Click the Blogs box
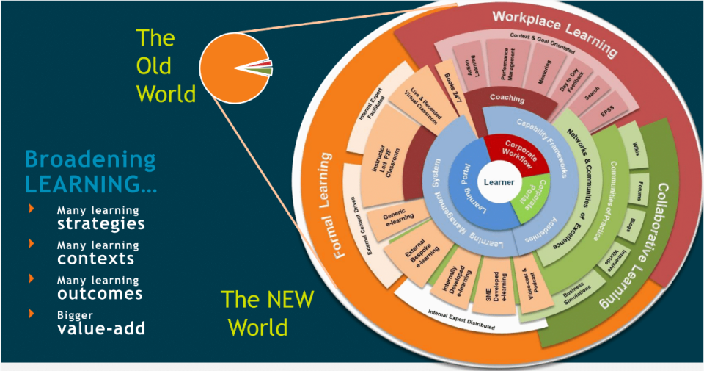tap(630, 224)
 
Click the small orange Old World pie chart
tap(235, 68)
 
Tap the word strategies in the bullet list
tap(101, 223)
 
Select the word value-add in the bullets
tap(101, 328)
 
